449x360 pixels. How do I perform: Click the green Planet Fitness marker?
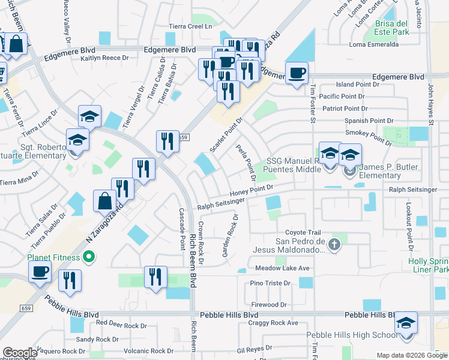point(89,258)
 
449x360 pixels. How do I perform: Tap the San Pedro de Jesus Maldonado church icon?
point(335,244)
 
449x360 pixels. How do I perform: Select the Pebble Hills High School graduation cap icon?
point(406,324)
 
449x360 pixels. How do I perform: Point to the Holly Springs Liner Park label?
point(428,265)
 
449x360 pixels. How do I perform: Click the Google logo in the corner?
point(20,353)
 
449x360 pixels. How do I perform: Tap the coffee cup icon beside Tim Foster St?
point(297,74)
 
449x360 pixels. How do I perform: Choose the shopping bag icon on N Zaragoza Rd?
point(104,200)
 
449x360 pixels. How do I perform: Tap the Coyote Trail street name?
point(303,233)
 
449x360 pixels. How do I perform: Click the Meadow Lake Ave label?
point(282,268)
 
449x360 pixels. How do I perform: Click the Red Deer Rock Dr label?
point(121,325)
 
